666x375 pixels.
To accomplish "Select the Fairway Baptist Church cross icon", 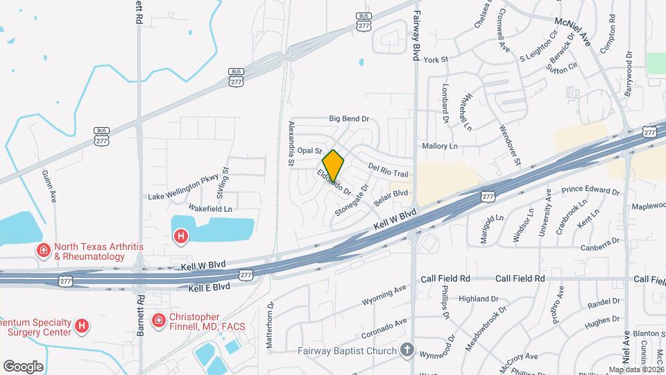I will (x=407, y=351).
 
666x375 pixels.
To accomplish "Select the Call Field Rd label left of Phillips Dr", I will (x=445, y=278).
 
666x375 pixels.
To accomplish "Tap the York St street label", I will (x=432, y=60).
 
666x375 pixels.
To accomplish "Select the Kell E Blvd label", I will (x=204, y=286).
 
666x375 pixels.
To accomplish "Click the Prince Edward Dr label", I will (x=590, y=190).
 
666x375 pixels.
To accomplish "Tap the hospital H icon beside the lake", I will (x=181, y=237).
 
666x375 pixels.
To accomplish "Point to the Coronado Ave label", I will (x=383, y=327).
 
